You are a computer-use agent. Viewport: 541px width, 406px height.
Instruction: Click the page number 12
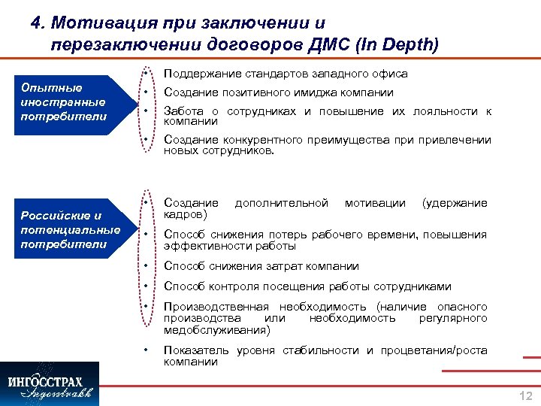(x=525, y=396)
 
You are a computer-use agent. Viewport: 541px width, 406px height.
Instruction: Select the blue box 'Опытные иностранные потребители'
(x=64, y=101)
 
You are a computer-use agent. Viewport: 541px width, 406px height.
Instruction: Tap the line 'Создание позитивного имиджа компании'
(x=279, y=92)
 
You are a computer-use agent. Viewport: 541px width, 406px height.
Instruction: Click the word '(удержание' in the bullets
(x=455, y=203)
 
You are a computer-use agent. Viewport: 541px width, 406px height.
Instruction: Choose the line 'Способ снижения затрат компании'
(x=261, y=266)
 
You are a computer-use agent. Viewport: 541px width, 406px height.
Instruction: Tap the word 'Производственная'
(x=216, y=307)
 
